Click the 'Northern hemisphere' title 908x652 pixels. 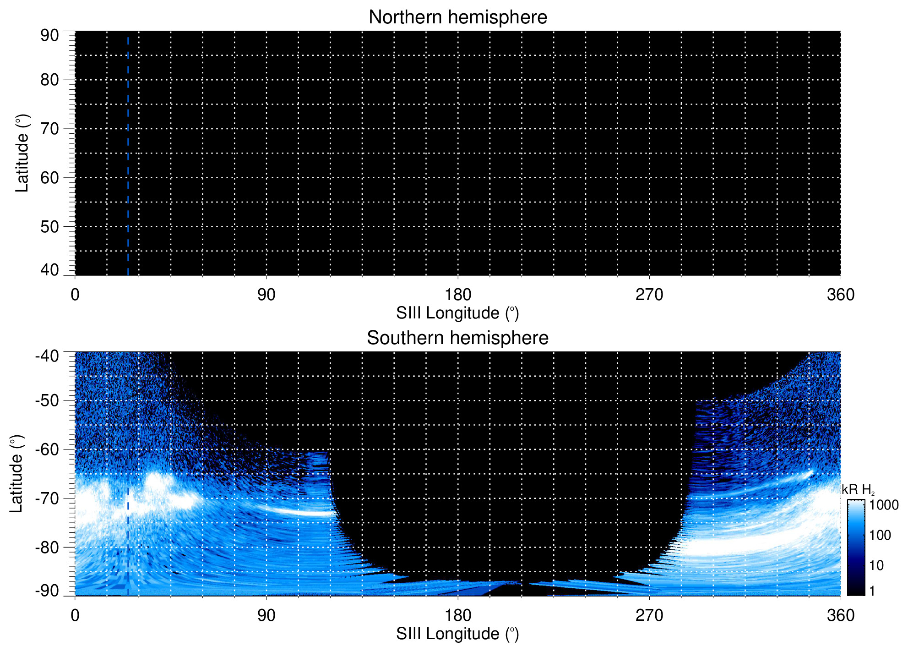tap(457, 17)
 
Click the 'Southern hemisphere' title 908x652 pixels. tap(457, 338)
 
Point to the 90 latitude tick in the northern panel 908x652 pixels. tap(49, 35)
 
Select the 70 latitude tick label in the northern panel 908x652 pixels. tap(49, 129)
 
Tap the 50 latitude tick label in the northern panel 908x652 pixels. tap(49, 226)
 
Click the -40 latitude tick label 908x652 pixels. tap(47, 356)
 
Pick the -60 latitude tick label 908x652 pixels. tap(47, 449)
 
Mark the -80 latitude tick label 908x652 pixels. tap(47, 547)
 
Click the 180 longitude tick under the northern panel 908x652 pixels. tap(458, 295)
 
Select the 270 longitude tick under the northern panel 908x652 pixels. tap(649, 295)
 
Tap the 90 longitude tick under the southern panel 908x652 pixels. tap(266, 615)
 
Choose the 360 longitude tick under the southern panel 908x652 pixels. tap(840, 615)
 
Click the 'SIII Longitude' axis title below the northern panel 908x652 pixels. tap(457, 313)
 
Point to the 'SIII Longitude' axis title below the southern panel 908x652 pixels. tap(457, 634)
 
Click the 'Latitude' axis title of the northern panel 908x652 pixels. tap(22, 153)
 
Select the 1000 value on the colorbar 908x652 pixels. tap(884, 505)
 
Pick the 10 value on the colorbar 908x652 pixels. tap(876, 565)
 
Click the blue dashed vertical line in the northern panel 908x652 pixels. tap(128, 156)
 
